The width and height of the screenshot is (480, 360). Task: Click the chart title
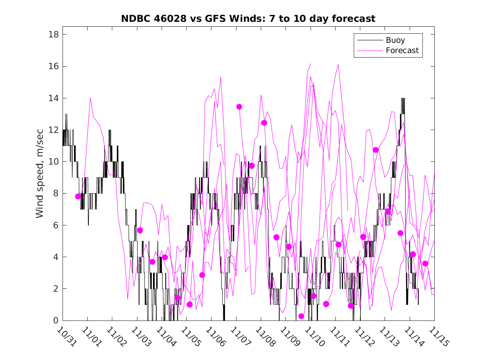click(x=248, y=19)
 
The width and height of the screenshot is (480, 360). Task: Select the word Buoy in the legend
click(x=395, y=40)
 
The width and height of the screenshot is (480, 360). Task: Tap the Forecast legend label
click(x=402, y=51)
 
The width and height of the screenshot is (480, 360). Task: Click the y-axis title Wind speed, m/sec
click(x=39, y=177)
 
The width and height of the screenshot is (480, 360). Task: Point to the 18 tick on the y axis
click(x=53, y=34)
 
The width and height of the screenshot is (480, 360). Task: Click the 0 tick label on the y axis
click(x=56, y=321)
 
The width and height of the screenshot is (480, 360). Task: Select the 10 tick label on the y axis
click(x=53, y=162)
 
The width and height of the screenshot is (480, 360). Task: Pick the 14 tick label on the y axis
click(x=53, y=98)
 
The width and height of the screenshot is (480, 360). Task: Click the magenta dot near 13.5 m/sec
click(x=239, y=107)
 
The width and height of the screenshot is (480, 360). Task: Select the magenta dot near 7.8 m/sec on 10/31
click(x=78, y=196)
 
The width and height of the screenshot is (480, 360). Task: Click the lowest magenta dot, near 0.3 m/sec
click(x=301, y=316)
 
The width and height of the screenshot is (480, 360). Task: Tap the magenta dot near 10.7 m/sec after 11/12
click(x=376, y=150)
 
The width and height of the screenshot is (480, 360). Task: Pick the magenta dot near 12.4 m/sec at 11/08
click(x=264, y=123)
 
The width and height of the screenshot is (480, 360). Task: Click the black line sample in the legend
click(x=369, y=40)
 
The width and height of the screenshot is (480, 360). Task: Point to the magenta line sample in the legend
click(x=369, y=51)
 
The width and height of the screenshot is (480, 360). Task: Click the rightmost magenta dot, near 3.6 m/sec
click(x=425, y=263)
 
